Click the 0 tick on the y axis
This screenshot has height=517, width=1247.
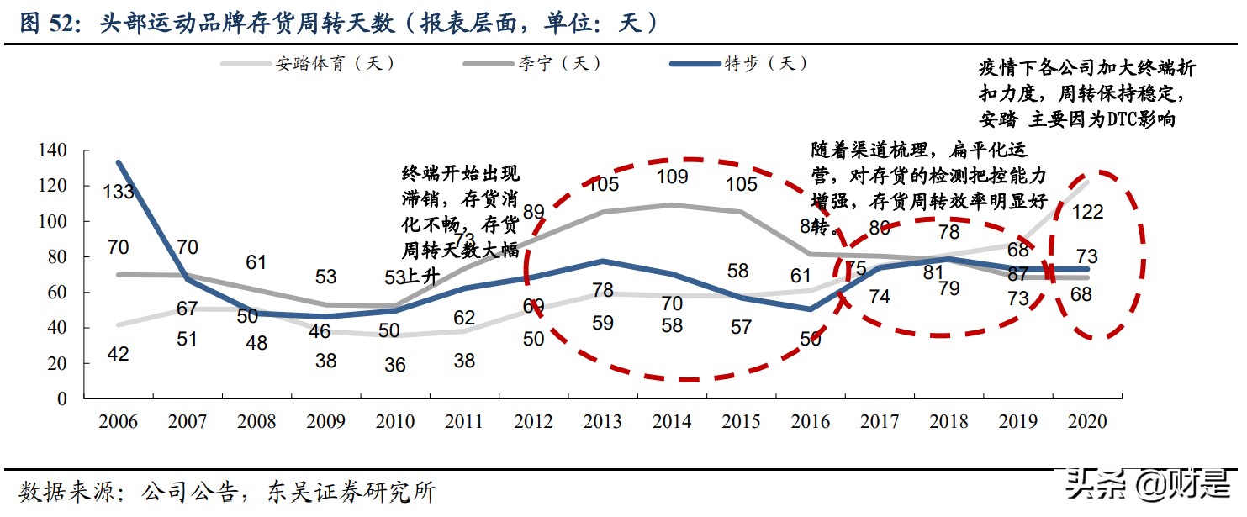click(x=61, y=399)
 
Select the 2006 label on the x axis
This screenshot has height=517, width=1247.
click(x=118, y=422)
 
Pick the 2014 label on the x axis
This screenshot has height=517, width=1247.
click(x=671, y=422)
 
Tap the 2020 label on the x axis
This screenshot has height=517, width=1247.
click(x=1086, y=422)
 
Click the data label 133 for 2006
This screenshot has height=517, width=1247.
click(x=119, y=192)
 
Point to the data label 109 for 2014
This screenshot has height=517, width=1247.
click(x=672, y=177)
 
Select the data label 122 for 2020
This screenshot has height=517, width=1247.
click(x=1088, y=212)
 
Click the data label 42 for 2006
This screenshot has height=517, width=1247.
click(x=118, y=354)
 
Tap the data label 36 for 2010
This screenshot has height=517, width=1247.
click(x=394, y=365)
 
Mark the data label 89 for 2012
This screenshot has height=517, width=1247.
click(x=533, y=212)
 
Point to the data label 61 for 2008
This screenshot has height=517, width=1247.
click(x=256, y=262)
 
